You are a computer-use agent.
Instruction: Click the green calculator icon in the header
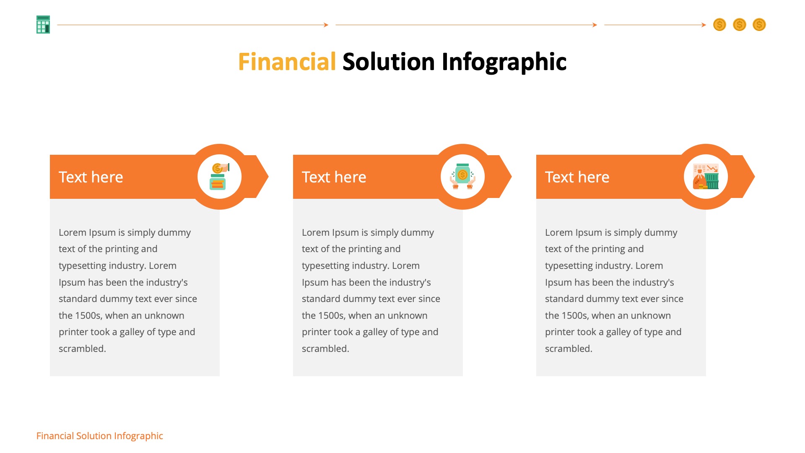coord(43,25)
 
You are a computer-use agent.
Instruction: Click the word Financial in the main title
coord(287,62)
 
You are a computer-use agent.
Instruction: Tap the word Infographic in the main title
coord(504,62)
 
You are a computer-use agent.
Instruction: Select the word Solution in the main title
coord(388,62)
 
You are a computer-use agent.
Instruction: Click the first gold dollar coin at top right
coord(719,25)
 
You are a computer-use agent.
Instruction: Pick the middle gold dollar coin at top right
coord(739,25)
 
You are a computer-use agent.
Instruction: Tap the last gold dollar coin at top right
coord(759,25)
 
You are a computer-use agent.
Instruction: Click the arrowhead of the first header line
coord(326,25)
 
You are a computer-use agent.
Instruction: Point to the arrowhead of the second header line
coord(595,25)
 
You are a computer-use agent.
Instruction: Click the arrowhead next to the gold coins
coord(704,25)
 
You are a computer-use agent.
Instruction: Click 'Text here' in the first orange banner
coord(91,177)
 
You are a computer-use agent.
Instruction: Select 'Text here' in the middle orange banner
coord(334,177)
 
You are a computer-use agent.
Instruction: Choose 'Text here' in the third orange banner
coord(577,177)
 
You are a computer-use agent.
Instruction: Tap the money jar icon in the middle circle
coord(462,177)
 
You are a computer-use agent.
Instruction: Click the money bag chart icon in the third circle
coord(706,177)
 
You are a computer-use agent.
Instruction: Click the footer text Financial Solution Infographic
coord(99,436)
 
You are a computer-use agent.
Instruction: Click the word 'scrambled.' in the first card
coord(82,349)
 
